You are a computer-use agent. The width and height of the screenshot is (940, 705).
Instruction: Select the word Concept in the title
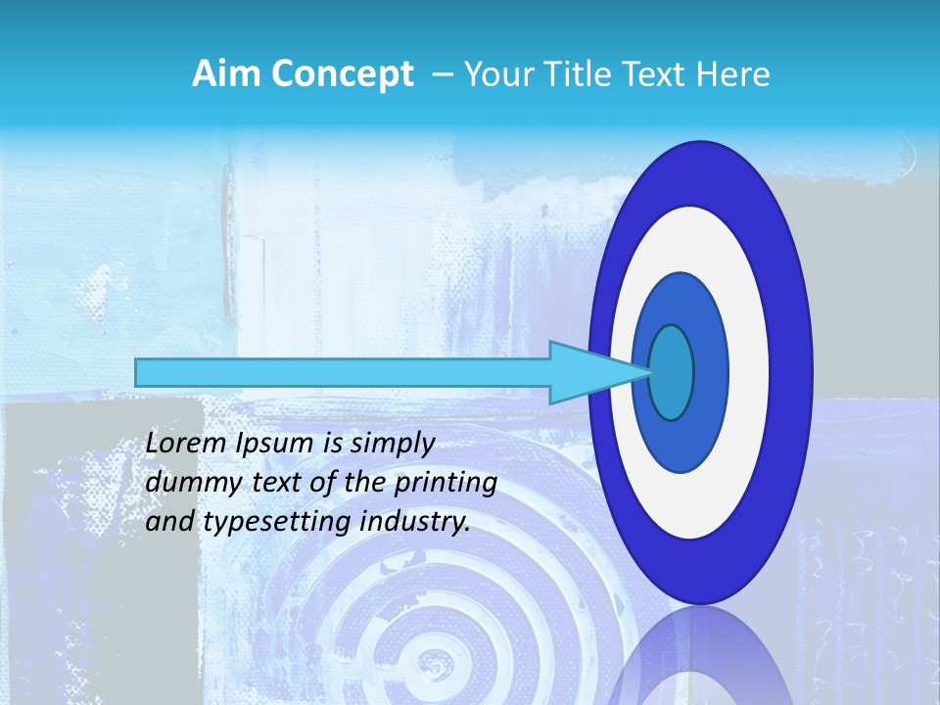tap(342, 75)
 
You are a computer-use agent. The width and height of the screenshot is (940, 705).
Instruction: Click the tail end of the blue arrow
tap(137, 372)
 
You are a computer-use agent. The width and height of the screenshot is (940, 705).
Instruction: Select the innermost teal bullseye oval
tap(672, 372)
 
